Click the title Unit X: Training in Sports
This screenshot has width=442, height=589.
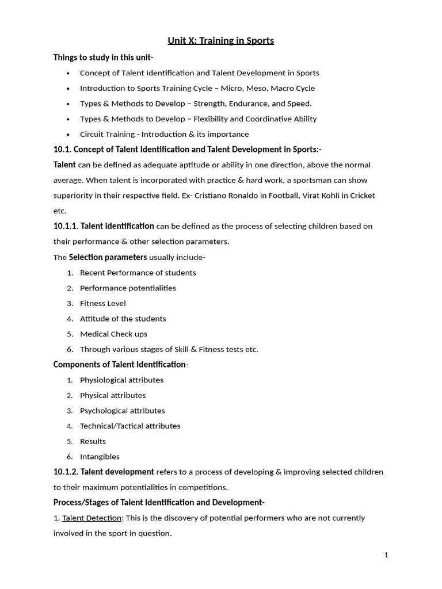tap(220, 41)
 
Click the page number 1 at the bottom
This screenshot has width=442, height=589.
tap(386, 555)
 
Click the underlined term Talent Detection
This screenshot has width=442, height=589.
tap(92, 518)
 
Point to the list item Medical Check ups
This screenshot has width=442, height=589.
tap(113, 334)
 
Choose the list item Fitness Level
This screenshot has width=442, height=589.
tap(102, 303)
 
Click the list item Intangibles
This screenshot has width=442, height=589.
tap(100, 457)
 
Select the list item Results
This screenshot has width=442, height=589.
tap(93, 441)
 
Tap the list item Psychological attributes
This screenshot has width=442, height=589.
tap(122, 411)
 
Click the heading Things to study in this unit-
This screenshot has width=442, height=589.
tap(103, 58)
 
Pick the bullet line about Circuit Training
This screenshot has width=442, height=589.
tap(164, 134)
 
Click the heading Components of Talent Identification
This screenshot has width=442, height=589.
tap(120, 365)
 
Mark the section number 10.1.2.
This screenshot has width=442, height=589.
tap(66, 472)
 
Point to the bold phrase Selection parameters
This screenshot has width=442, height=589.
tap(108, 257)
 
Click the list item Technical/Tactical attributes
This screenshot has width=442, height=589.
tap(130, 426)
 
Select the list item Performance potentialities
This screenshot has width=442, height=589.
tap(128, 288)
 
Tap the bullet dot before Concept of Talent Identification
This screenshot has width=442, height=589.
tap(68, 73)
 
